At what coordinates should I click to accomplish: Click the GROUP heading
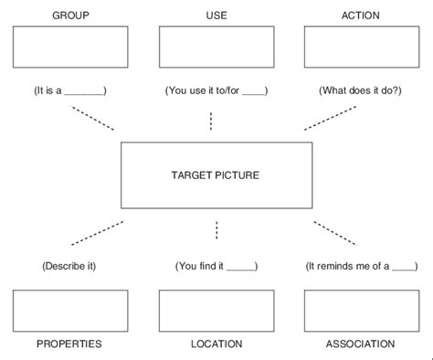(71, 16)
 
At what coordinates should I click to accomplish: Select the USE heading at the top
(216, 16)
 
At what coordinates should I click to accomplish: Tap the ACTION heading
(360, 16)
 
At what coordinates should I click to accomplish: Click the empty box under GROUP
(71, 47)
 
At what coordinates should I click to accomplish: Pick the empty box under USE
(216, 47)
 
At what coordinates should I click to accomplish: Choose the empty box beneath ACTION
(361, 47)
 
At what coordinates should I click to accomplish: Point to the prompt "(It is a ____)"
(71, 91)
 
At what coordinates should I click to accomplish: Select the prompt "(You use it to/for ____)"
(216, 91)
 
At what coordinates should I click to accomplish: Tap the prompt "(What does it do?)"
(360, 91)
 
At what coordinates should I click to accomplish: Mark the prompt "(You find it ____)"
(216, 266)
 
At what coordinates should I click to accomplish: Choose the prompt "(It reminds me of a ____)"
(360, 266)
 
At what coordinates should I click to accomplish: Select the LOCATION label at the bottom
(216, 344)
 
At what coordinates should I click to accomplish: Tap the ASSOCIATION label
(360, 344)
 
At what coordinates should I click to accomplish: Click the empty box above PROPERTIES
(71, 310)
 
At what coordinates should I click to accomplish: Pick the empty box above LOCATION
(216, 310)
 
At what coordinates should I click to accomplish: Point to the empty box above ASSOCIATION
(361, 310)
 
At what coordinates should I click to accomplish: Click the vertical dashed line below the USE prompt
(211, 121)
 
